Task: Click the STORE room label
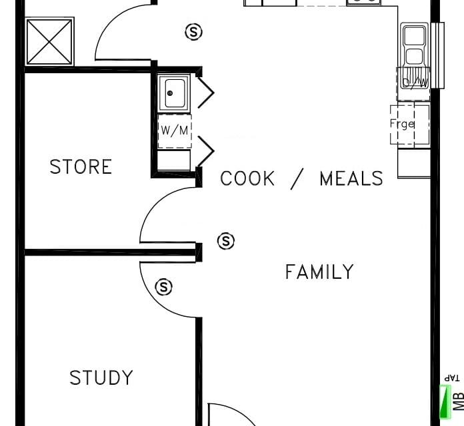(81, 166)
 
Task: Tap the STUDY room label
(101, 377)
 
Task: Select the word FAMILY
(319, 272)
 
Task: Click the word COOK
(247, 178)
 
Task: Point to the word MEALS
(351, 178)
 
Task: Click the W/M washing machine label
(175, 130)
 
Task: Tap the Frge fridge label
(402, 124)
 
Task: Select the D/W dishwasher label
(415, 83)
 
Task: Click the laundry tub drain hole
(170, 93)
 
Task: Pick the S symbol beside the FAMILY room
(226, 241)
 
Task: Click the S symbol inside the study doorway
(163, 287)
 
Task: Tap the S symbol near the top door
(194, 31)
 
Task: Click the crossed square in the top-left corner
(50, 41)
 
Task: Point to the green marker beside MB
(445, 402)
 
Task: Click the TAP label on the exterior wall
(452, 378)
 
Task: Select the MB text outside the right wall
(459, 401)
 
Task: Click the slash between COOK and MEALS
(297, 179)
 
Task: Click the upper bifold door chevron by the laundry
(205, 93)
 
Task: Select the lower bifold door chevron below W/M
(205, 151)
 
